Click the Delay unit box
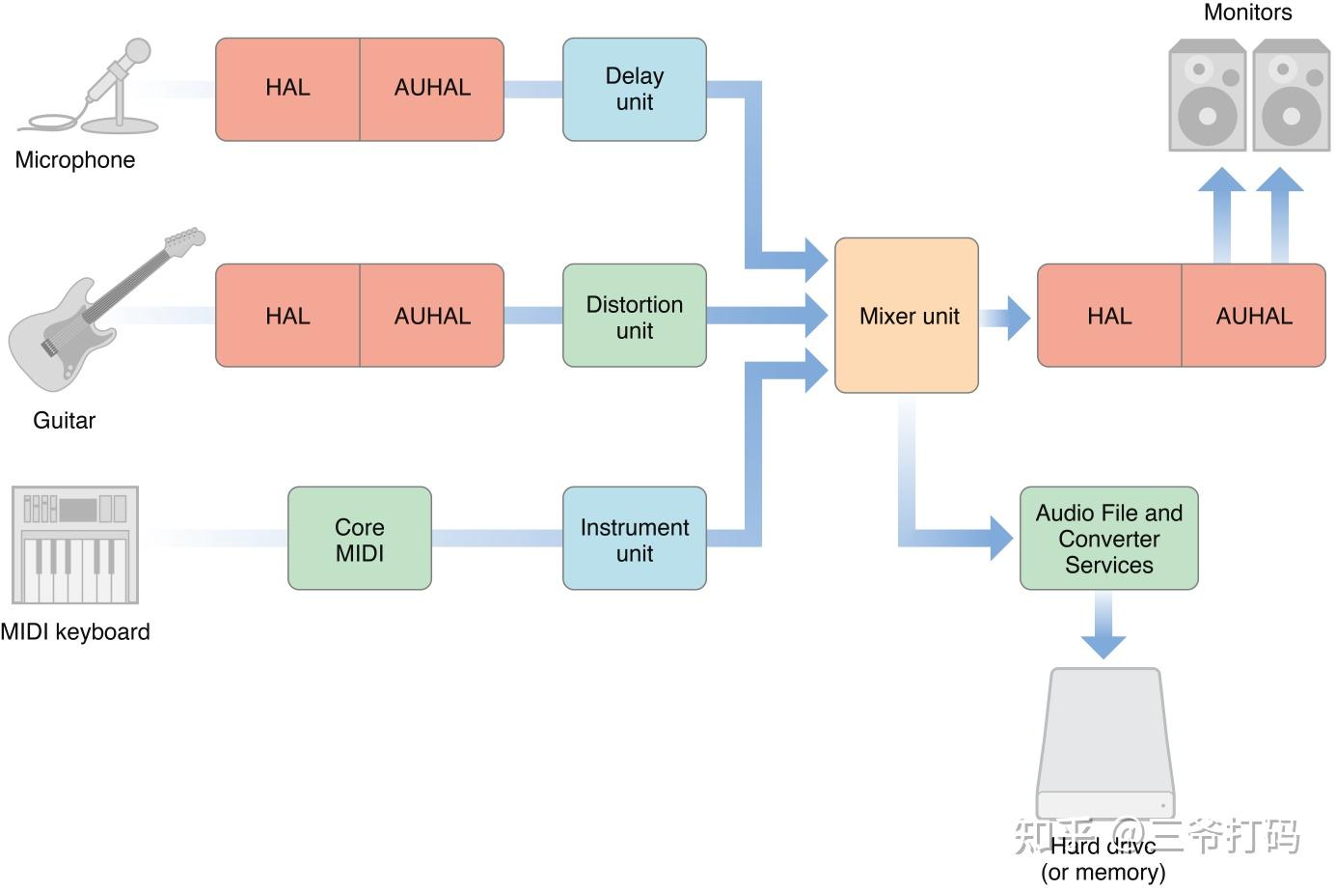pos(635,89)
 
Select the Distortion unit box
pos(635,316)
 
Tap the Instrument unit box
pos(635,539)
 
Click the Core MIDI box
pos(360,539)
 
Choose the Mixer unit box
pos(907,316)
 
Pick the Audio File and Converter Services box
pos(1109,539)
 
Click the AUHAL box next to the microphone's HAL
pos(432,89)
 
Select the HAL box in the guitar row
pos(287,316)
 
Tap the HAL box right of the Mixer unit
pos(1109,316)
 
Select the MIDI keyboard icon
pos(75,544)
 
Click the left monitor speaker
pos(1208,96)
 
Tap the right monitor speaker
pos(1292,96)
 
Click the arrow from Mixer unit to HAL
pos(1009,318)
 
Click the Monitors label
pos(1247,13)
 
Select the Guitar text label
pos(64,421)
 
